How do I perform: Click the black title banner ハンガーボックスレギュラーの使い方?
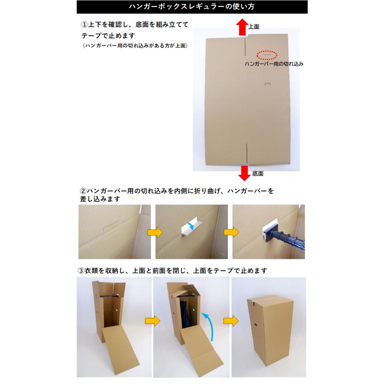pos(192,7)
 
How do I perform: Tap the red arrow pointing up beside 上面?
pos(242,27)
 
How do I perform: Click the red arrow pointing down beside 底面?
pos(244,173)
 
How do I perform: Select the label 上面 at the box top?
pos(254,27)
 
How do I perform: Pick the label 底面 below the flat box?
pos(258,174)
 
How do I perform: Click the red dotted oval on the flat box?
pos(267,55)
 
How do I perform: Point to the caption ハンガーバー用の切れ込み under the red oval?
pos(274,64)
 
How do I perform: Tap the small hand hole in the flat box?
pos(268,84)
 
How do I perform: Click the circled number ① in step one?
pos(84,24)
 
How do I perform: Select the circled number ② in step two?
pos(83,191)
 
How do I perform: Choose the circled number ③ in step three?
pos(81,271)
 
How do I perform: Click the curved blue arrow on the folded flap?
pos(191,226)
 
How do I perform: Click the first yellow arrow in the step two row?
pos(155,233)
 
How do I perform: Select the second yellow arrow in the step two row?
pos(231,232)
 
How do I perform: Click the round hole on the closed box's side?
pos(256,325)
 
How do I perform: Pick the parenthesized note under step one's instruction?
pos(135,46)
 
